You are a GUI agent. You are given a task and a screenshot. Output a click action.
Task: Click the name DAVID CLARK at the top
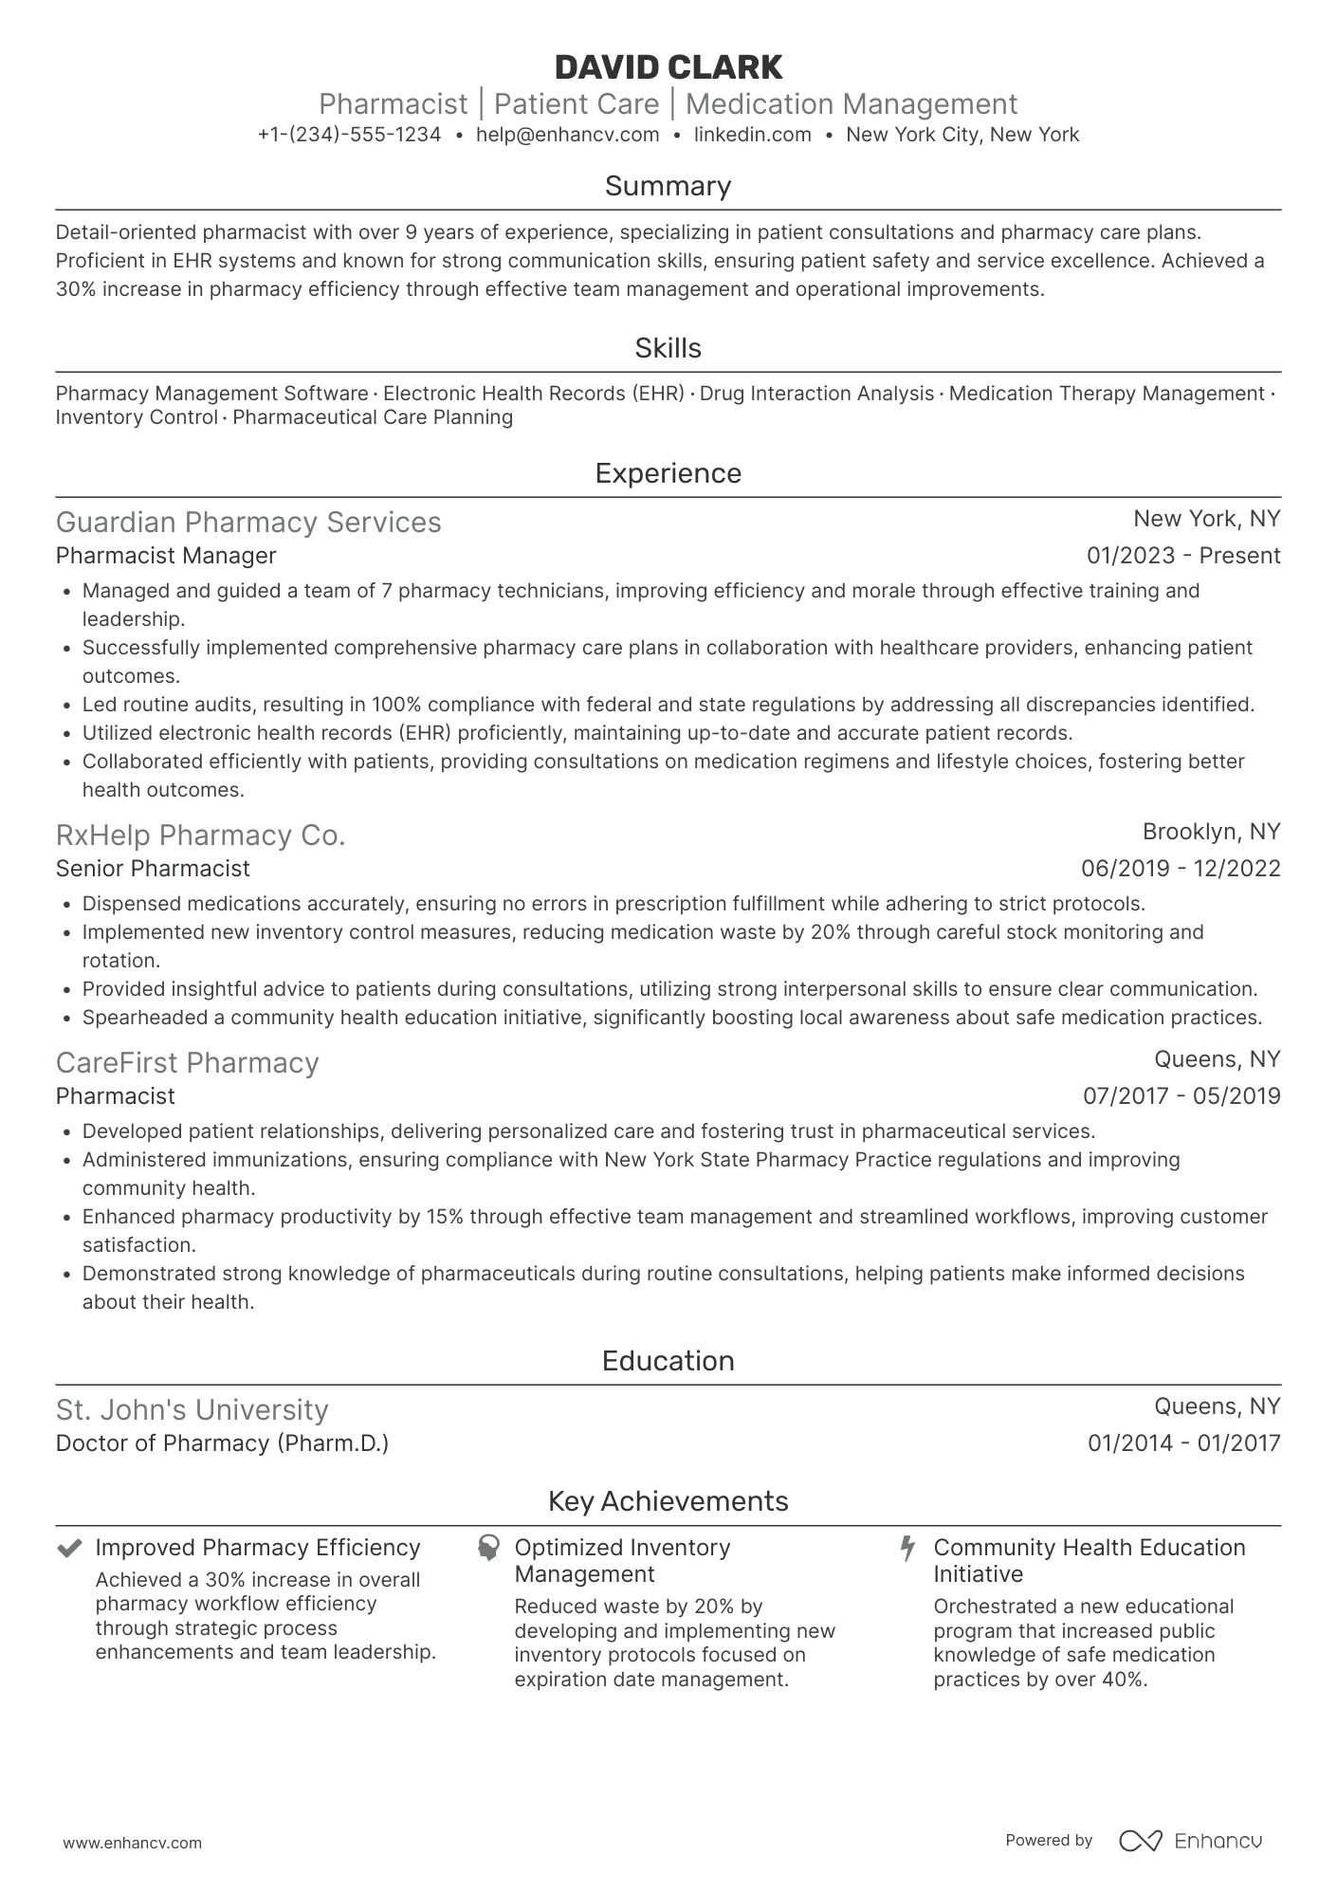tap(668, 67)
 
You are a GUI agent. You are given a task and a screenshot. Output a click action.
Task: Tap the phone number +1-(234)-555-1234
tap(349, 135)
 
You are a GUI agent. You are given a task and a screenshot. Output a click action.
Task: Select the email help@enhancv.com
tap(567, 135)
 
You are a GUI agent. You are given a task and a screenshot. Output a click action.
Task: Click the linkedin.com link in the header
tap(752, 135)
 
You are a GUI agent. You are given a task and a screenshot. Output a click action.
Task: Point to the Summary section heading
tap(668, 186)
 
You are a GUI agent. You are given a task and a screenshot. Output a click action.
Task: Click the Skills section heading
tap(668, 348)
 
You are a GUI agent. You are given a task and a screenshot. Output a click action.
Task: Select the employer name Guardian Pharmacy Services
tap(248, 523)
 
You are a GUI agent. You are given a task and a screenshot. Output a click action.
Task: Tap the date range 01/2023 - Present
tap(1182, 556)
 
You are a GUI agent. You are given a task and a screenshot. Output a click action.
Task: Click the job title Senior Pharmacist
tap(153, 869)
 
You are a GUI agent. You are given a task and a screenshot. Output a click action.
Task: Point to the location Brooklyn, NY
tap(1211, 832)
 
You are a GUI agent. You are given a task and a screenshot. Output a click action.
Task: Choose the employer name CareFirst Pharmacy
tap(187, 1063)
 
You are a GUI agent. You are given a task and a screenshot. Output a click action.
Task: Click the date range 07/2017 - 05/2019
tap(1181, 1096)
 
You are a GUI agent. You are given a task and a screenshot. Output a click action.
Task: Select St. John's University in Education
tap(192, 1410)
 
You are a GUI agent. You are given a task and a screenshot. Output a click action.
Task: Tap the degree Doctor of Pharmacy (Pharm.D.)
tap(222, 1443)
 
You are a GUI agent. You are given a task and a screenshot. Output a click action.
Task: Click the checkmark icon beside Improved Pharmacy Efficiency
tap(69, 1549)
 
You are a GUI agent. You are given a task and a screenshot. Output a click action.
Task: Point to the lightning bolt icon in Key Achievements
tap(907, 1549)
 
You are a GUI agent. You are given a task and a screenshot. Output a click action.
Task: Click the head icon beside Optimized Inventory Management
tap(488, 1549)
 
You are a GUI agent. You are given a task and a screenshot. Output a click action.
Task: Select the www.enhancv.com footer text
tap(132, 1843)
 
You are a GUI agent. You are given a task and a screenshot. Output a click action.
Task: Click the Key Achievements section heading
tap(668, 1501)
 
